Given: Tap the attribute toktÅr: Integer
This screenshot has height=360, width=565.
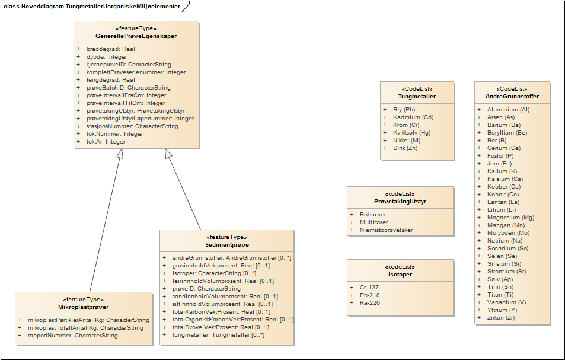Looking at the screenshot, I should [106, 142].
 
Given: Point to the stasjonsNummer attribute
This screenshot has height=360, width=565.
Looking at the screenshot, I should [132, 126].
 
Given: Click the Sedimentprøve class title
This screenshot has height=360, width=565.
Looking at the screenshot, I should [227, 244].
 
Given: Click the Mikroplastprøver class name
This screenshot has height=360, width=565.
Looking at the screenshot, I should [83, 307].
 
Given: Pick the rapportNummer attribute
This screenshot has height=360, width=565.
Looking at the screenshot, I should [72, 336].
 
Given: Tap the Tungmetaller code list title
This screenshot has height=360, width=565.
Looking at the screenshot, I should [417, 96].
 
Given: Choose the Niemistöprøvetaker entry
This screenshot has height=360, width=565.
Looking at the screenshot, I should [386, 230].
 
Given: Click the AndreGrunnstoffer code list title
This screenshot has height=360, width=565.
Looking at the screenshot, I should [512, 96].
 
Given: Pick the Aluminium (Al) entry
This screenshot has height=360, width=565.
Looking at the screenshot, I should [508, 110].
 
